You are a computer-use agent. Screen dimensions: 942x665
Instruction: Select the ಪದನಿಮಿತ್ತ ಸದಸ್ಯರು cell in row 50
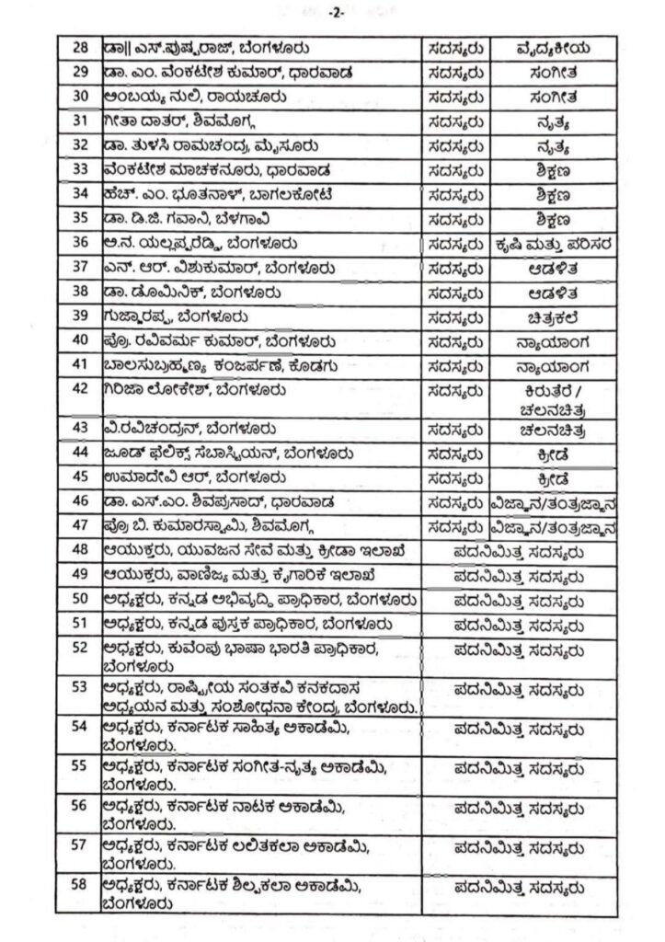tap(519, 600)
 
